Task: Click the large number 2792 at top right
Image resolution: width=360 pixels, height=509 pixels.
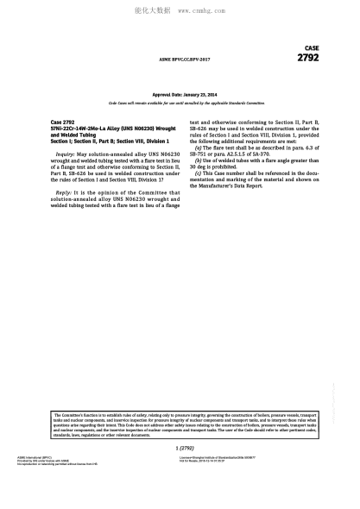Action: [x=307, y=58]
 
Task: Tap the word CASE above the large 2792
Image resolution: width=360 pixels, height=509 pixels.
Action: [x=312, y=48]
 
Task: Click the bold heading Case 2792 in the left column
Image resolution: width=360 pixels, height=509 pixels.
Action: [x=62, y=123]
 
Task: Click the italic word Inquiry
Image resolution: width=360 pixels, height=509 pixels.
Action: [x=66, y=153]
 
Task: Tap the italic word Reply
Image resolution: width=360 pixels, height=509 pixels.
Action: [x=63, y=192]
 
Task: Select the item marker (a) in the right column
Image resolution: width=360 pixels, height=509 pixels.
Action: [x=199, y=148]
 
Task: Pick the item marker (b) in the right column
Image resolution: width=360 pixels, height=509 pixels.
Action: [x=199, y=160]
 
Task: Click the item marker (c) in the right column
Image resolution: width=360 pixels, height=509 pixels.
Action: [x=199, y=173]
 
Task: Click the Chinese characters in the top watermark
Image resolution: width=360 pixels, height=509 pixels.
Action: [x=153, y=11]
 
